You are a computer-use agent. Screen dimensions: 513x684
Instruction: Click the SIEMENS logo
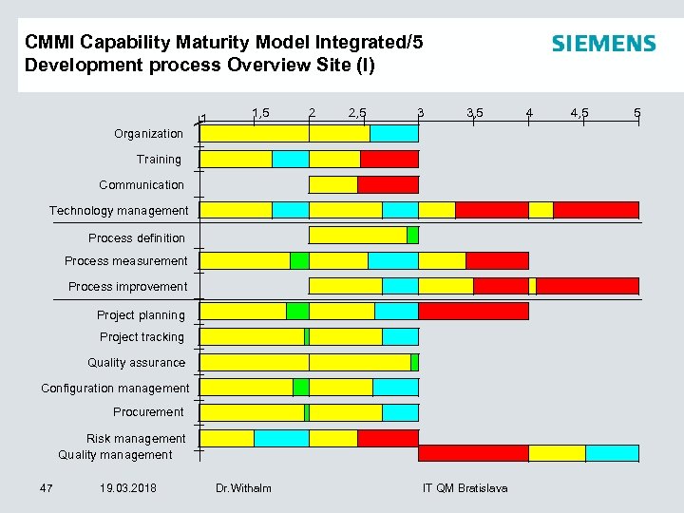tap(603, 44)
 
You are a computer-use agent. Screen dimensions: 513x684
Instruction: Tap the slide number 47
tap(46, 488)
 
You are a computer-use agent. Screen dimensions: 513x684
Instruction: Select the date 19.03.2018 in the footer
tap(128, 488)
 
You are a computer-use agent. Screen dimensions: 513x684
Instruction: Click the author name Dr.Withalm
tap(243, 488)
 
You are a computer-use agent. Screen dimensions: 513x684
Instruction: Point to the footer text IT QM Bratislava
tap(465, 488)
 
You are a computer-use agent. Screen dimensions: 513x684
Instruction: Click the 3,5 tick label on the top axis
tap(474, 113)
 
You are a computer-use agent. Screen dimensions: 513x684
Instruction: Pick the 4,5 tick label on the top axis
tap(579, 113)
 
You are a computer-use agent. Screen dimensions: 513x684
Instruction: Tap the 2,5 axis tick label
tap(358, 113)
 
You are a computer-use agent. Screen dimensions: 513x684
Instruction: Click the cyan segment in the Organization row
tap(394, 133)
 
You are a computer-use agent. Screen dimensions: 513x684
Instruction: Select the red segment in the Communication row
tap(388, 184)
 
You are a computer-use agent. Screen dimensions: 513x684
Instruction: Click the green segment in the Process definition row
tap(412, 235)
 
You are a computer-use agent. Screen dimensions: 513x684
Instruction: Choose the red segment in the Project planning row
tap(473, 311)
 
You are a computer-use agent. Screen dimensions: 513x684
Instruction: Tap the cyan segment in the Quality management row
tap(612, 453)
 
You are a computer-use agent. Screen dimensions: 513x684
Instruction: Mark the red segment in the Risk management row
tap(388, 438)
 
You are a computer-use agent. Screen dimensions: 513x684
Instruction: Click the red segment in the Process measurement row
tap(497, 260)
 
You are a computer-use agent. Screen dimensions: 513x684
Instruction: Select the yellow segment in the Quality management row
tap(557, 453)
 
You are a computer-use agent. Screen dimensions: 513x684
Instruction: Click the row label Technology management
tap(119, 210)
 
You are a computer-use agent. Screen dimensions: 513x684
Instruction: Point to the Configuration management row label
tap(115, 388)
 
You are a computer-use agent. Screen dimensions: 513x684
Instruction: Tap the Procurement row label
tap(148, 411)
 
